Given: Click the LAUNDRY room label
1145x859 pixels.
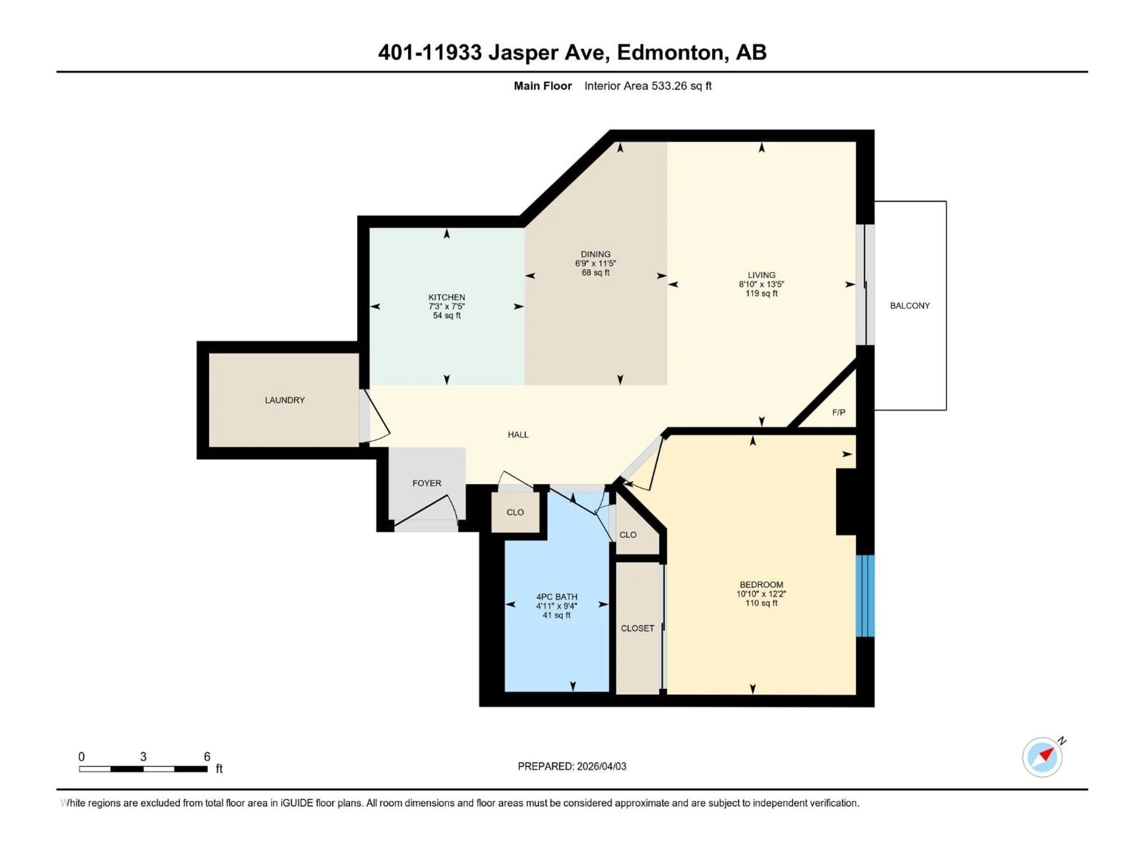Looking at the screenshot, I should [x=285, y=400].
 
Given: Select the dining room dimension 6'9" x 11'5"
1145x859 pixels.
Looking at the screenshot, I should [x=595, y=263].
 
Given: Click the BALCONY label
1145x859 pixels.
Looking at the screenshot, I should [x=909, y=305].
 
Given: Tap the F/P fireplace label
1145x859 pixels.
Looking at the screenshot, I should [x=838, y=412].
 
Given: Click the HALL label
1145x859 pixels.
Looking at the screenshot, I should [x=518, y=434].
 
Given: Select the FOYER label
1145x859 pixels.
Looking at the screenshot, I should [x=426, y=483].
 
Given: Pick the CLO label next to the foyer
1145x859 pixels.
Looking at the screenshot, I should [x=515, y=512].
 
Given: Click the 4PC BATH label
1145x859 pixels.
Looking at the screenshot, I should [x=556, y=597].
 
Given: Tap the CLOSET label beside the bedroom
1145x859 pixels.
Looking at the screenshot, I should [x=637, y=628].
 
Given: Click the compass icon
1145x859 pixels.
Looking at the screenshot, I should [x=1042, y=757].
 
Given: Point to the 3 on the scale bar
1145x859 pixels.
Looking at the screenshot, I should [x=143, y=756].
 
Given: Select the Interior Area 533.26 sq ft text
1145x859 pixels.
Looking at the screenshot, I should [x=648, y=86].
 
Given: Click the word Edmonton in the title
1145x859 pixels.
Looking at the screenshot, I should [x=670, y=52].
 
